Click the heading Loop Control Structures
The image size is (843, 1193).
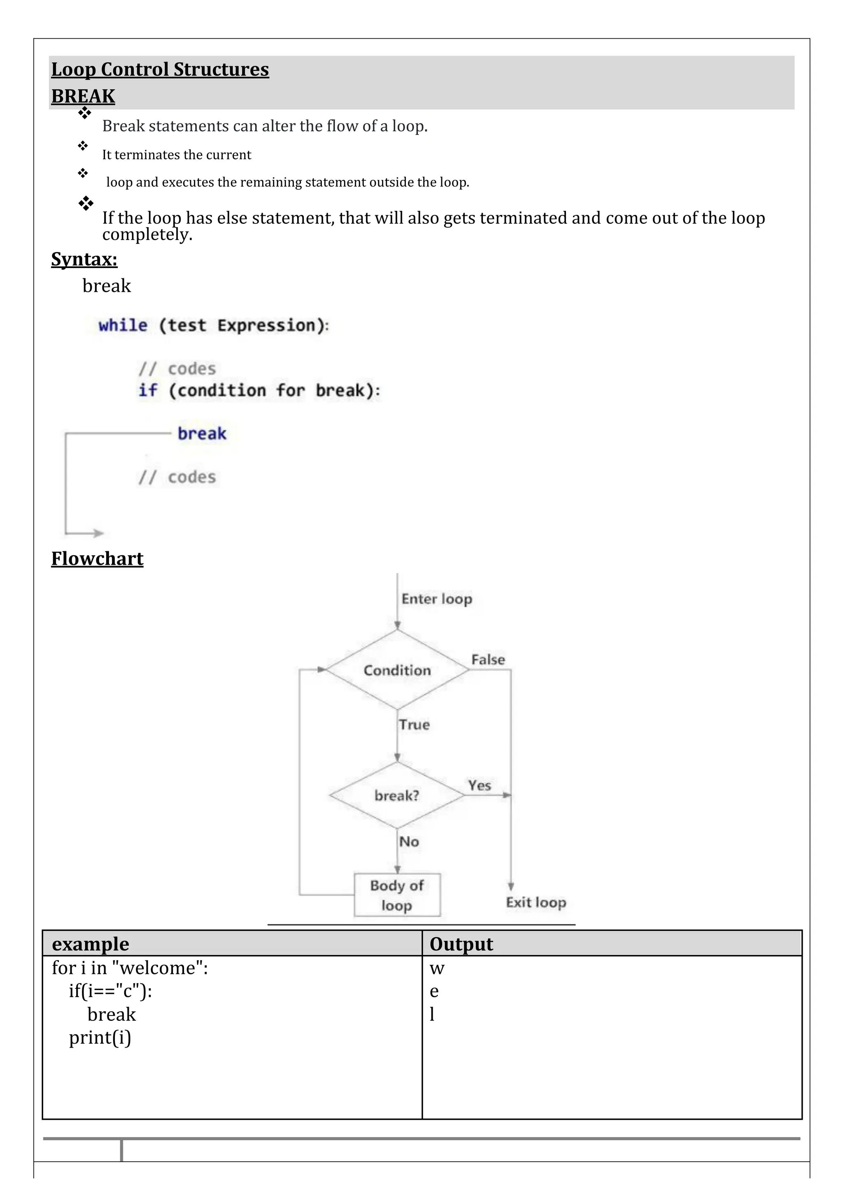[160, 70]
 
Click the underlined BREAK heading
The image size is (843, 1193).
[83, 97]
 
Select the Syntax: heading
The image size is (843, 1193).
[84, 259]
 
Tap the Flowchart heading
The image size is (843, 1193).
[97, 559]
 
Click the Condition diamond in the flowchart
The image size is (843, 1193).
[397, 670]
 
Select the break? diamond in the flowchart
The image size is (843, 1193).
[397, 795]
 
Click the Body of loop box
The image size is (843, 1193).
[397, 895]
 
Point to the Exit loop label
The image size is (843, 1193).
[536, 902]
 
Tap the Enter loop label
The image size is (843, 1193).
[437, 599]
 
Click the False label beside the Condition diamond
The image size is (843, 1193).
[488, 659]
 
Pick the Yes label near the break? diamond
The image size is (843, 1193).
[480, 785]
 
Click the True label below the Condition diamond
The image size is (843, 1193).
[415, 725]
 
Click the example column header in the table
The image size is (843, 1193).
[91, 944]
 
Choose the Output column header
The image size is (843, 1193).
[461, 944]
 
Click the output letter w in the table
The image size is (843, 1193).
[437, 969]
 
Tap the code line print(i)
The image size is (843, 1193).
[100, 1038]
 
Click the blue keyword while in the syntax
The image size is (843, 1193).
[123, 326]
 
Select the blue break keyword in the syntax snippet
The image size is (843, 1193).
[202, 434]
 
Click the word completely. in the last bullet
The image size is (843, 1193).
[147, 235]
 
